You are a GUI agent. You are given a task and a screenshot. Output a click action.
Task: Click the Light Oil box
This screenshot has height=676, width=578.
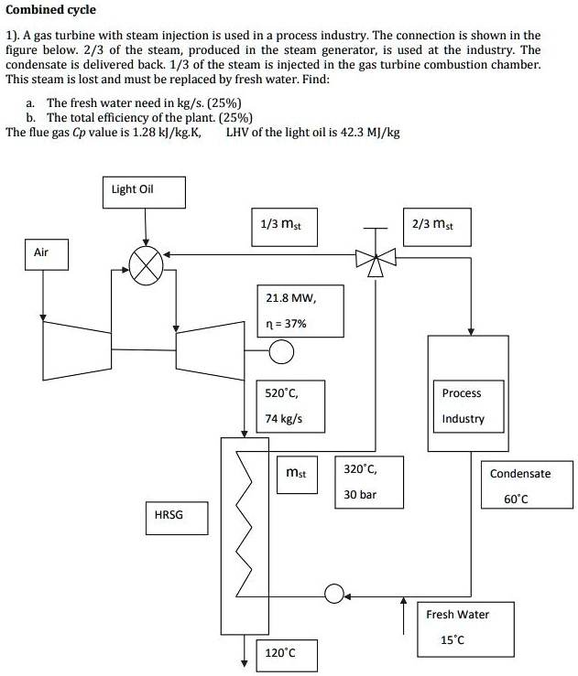[143, 190]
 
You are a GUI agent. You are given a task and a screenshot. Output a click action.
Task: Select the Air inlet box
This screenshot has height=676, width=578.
[42, 252]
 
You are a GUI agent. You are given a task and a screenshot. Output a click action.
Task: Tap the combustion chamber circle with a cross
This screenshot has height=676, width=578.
[146, 266]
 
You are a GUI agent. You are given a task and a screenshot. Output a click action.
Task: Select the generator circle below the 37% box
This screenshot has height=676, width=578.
[281, 350]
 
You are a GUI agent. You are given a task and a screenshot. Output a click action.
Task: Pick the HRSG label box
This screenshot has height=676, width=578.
[168, 515]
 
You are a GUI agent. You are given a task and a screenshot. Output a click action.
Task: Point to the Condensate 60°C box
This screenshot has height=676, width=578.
[519, 486]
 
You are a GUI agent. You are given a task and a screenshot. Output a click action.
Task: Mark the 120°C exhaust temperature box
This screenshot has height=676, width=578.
[279, 654]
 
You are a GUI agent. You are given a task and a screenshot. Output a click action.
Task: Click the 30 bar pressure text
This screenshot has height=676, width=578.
[360, 495]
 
